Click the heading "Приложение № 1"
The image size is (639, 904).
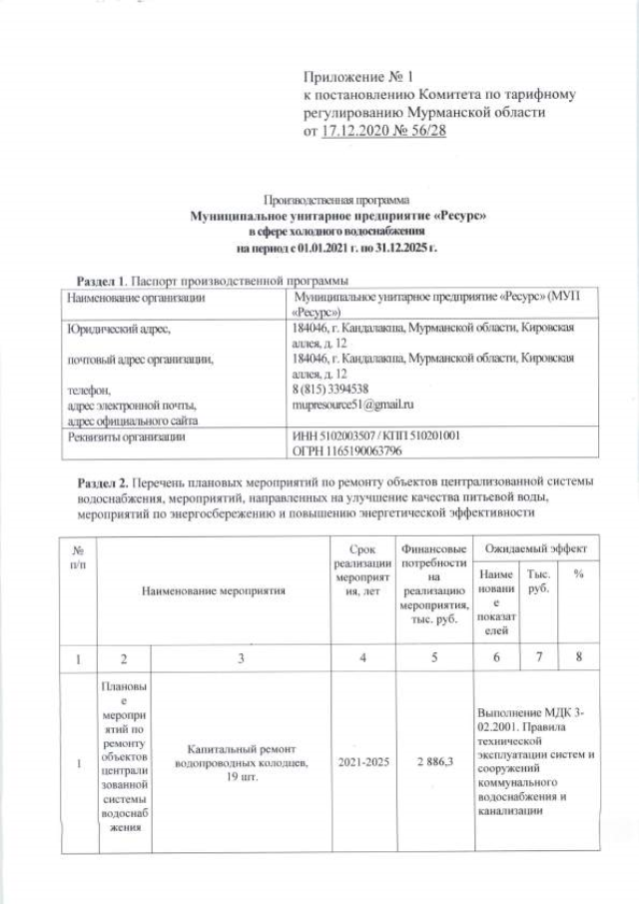(x=356, y=77)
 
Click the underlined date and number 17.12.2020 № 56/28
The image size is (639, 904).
(x=377, y=131)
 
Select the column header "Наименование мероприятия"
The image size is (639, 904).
(x=214, y=590)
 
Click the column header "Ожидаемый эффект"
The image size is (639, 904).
(x=535, y=549)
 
